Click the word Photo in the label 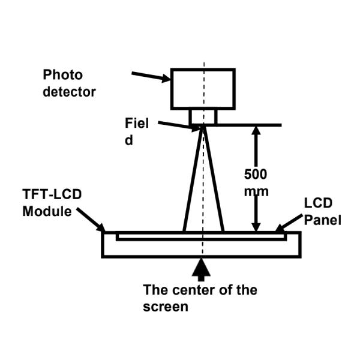tap(62, 76)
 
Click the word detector tap(69, 92)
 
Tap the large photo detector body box tap(203, 88)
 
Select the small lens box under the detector tap(203, 117)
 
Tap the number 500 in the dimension tap(256, 175)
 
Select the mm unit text tap(257, 191)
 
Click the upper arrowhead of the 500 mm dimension tap(257, 131)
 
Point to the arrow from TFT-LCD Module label tap(92, 220)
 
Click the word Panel tap(322, 220)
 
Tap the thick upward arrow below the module tap(203, 268)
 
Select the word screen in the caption tap(166, 307)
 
